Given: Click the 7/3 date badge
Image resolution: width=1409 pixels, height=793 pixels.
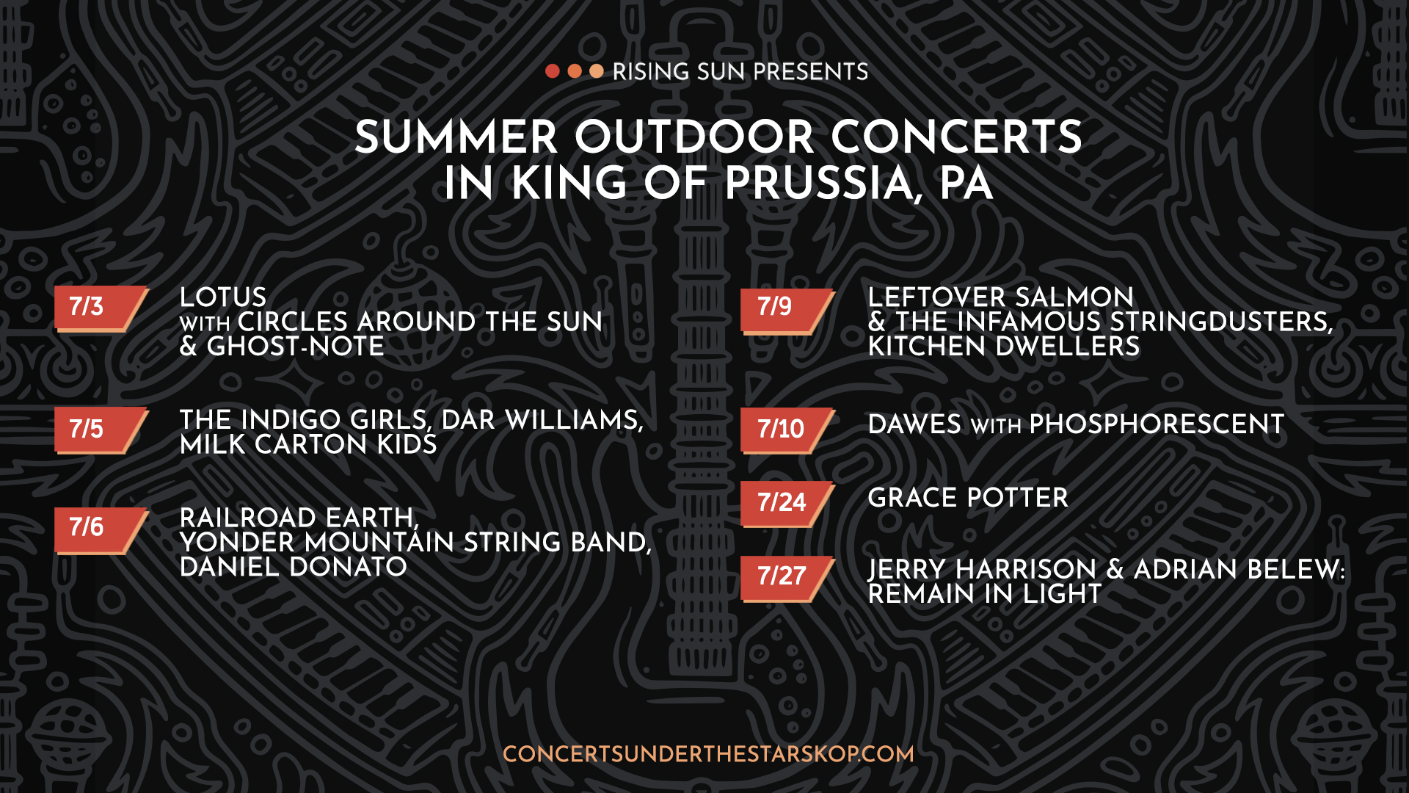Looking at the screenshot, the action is pos(101,308).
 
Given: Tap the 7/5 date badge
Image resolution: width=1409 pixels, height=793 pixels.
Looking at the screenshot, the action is pos(101,430).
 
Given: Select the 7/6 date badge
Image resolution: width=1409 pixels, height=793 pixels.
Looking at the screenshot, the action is pos(101,529).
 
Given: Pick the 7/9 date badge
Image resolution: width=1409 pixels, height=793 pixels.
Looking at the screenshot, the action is pos(787,311).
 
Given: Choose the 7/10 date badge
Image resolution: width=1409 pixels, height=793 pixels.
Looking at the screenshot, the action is pos(787,430).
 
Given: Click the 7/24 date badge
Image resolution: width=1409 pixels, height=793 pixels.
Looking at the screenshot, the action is pos(787,504).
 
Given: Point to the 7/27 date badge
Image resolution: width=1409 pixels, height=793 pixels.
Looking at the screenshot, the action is pos(787,579).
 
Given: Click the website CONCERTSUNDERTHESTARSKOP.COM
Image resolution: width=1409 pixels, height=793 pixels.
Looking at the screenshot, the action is pos(708,754).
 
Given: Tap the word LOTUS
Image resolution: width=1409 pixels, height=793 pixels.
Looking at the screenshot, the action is pos(223,297).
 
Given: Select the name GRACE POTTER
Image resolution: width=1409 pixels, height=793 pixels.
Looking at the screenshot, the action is pos(968,498).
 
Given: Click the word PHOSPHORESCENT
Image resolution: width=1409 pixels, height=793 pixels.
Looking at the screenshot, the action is pos(1157,424).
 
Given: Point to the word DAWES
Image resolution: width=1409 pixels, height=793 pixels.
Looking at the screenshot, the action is pos(914,424).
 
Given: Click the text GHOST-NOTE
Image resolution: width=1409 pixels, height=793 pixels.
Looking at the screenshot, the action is pos(296,347).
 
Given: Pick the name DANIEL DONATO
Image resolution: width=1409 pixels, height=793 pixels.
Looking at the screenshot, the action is pos(294,567).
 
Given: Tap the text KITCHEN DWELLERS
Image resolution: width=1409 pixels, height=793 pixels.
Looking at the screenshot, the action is pos(1004,347).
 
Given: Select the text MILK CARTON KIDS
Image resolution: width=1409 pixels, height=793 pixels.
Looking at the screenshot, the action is pos(308,444).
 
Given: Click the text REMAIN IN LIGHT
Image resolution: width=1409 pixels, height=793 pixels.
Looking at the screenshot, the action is pos(985,594).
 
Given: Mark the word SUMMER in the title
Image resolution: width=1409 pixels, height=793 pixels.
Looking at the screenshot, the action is pos(456,137).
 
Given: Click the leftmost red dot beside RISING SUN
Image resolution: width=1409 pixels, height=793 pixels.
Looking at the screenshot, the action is pos(553,71).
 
